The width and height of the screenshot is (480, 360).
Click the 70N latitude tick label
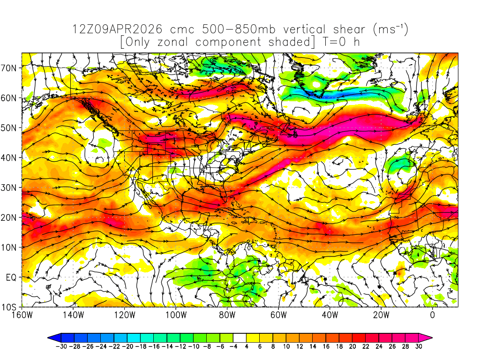pyautogui.click(x=10, y=67)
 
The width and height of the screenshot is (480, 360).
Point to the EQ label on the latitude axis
pyautogui.click(x=11, y=277)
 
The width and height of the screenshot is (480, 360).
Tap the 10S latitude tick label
pyautogui.click(x=10, y=307)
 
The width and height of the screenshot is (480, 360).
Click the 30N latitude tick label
pyautogui.click(x=10, y=187)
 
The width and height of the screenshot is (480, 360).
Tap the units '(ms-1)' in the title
pyautogui.click(x=391, y=30)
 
